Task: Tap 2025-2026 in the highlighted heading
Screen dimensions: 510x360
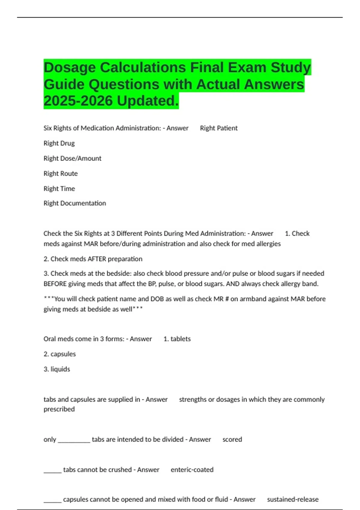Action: [x=78, y=101]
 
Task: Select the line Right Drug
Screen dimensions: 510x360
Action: [x=59, y=143]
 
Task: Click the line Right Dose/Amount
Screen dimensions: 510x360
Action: [x=72, y=158]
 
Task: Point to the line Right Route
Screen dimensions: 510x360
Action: [x=61, y=174]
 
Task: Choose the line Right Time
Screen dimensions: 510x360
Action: [x=59, y=189]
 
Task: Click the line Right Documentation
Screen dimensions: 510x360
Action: [x=75, y=203]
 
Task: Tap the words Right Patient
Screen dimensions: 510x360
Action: [x=219, y=128]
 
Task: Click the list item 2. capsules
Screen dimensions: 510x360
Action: [x=60, y=354]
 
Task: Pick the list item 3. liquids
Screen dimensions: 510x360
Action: [x=57, y=369]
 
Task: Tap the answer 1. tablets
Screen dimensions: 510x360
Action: [x=177, y=339]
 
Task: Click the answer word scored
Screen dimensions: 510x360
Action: [x=232, y=439]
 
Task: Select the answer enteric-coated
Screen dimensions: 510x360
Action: [x=192, y=470]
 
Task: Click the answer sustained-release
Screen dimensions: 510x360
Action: [x=293, y=499]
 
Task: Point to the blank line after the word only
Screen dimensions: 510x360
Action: [x=74, y=440]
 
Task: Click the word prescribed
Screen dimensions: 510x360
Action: [x=59, y=409]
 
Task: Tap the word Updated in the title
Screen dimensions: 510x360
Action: [x=148, y=101]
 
